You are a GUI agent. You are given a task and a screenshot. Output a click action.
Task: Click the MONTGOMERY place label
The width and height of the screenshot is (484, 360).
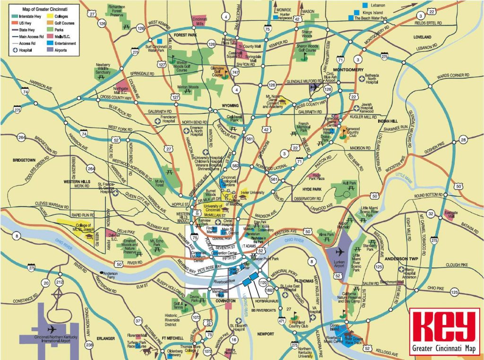[350, 70]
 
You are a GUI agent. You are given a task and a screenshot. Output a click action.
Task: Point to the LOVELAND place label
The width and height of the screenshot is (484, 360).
[422, 37]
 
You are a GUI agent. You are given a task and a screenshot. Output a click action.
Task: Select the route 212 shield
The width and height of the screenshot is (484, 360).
[60, 283]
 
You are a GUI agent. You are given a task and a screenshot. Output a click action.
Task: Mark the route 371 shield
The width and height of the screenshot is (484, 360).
[138, 321]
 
